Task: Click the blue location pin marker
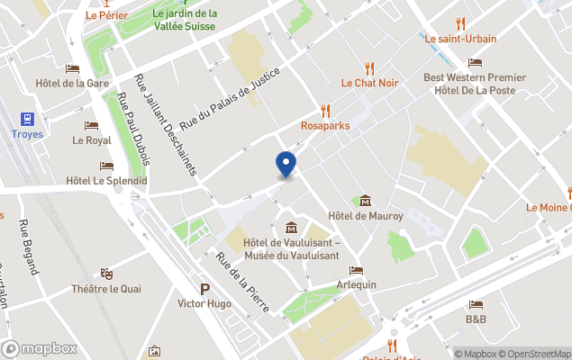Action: (x=286, y=165)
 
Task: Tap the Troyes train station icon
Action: (x=26, y=119)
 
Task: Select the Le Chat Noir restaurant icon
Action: (x=369, y=67)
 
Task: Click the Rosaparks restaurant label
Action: (x=325, y=126)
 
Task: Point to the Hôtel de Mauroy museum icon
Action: (x=365, y=201)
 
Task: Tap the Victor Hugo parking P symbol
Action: (x=204, y=289)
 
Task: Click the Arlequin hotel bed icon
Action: (x=357, y=270)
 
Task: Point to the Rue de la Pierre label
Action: (x=242, y=282)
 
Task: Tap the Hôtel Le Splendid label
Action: (x=106, y=181)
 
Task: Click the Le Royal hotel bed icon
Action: (x=91, y=126)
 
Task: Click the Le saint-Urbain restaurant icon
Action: (x=461, y=23)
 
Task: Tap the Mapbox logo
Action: (x=40, y=348)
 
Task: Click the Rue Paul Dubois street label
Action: (x=133, y=130)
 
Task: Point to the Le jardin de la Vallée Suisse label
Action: (x=185, y=20)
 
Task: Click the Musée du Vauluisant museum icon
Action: (x=291, y=227)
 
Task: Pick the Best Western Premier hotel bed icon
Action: (x=475, y=62)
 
